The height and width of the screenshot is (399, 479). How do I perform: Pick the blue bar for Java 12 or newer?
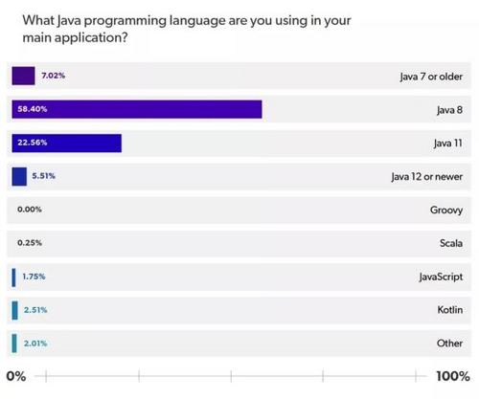pos(19,176)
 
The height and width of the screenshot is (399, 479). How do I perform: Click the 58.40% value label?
pos(31,109)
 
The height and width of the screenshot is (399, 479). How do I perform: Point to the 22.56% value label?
pos(31,143)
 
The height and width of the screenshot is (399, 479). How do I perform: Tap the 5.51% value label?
pos(46,176)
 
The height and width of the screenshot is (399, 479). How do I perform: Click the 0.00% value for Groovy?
pos(29,210)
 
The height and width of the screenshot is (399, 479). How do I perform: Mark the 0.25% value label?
pos(29,243)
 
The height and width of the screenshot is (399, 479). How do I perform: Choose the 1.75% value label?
pos(34,277)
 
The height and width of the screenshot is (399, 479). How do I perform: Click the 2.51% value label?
pos(34,310)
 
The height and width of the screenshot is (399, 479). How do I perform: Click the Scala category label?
pos(449,243)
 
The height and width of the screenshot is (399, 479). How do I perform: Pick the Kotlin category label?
pos(448,310)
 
